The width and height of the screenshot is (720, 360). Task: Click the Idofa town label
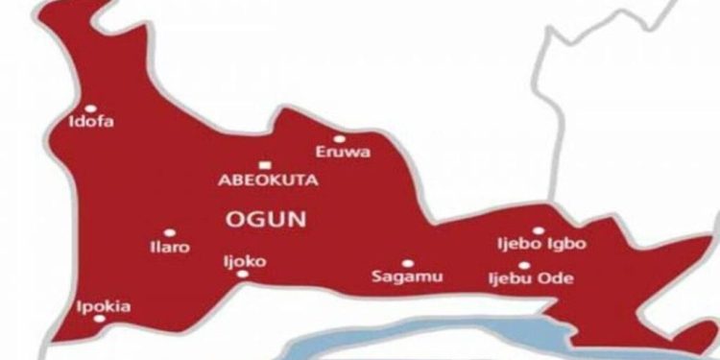(x=91, y=122)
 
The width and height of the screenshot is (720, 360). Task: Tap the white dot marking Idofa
(x=91, y=108)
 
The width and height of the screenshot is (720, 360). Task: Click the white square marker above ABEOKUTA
(x=262, y=164)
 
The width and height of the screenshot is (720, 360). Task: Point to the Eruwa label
(x=343, y=152)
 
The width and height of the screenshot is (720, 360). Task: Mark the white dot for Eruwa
(x=339, y=138)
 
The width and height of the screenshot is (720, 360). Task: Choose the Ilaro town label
(x=170, y=247)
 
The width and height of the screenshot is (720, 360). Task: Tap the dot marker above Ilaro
(x=169, y=232)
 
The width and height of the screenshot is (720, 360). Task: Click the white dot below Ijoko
(x=241, y=274)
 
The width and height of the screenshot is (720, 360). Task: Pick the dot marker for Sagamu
(x=407, y=263)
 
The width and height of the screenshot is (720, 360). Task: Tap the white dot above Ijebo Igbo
(x=538, y=230)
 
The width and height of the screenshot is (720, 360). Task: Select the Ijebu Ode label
(x=531, y=279)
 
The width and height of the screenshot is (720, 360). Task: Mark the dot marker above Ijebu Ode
(x=524, y=265)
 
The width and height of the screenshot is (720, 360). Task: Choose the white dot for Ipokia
(x=99, y=320)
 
